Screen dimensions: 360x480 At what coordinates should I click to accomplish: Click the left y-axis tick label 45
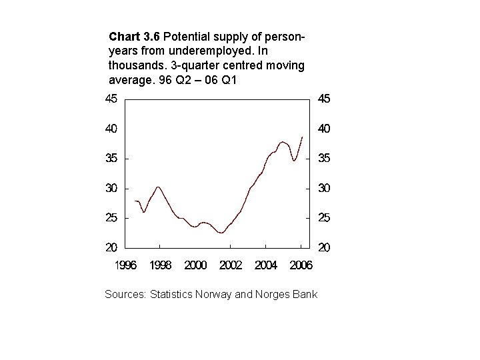pos(110,99)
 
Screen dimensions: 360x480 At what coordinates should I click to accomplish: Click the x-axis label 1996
pos(125,265)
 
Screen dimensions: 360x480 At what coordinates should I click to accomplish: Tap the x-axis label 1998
pos(160,265)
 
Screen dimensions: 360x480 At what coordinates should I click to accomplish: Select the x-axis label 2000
pos(195,265)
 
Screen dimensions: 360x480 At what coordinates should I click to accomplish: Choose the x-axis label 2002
pos(231,265)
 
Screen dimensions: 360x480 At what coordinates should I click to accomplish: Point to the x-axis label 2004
pos(266,265)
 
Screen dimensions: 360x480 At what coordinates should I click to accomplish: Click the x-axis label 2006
pos(301,265)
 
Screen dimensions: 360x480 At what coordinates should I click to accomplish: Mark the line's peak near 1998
pos(157,187)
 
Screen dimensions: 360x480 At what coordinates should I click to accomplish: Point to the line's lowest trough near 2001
pos(221,233)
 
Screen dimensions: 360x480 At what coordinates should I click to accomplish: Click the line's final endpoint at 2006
pos(302,137)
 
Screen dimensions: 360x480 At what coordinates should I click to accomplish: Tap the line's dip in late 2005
pos(294,161)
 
